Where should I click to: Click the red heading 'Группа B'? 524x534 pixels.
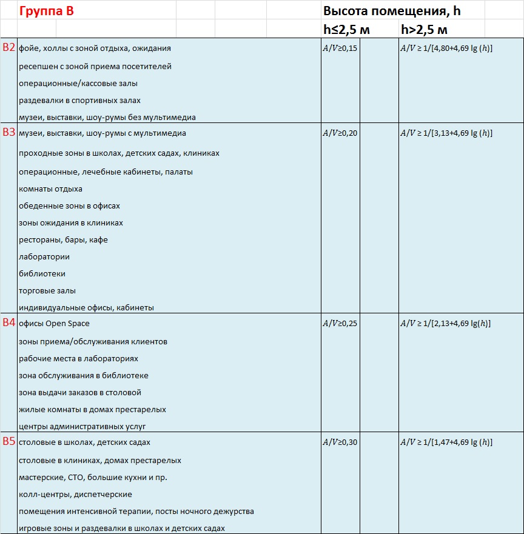coord(46,11)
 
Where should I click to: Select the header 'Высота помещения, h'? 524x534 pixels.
coord(395,11)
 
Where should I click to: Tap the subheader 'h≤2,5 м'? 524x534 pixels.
coord(346,30)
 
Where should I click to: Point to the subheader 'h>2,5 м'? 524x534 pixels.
coord(425,30)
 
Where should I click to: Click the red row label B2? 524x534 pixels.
coord(8,48)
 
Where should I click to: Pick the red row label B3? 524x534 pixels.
coord(8,133)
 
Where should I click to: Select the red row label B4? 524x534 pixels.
coord(8,323)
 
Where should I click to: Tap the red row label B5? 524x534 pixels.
coord(8,442)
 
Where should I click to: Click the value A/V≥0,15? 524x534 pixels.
coord(340,48)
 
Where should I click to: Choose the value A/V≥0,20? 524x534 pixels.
coord(340,133)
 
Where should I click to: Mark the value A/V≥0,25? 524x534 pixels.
coord(340,324)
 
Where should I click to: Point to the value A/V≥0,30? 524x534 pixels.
coord(340,442)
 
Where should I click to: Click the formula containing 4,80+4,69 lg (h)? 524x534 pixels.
coord(446,48)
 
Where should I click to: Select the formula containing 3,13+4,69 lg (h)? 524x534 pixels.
coord(446,133)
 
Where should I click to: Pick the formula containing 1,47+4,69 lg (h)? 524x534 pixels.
coord(446,442)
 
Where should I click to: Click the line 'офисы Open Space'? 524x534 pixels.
coord(54,324)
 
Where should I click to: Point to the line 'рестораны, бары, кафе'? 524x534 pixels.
coord(63,240)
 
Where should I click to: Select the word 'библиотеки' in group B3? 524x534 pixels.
coord(42,274)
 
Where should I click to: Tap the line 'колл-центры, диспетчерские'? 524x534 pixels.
coord(75,495)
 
